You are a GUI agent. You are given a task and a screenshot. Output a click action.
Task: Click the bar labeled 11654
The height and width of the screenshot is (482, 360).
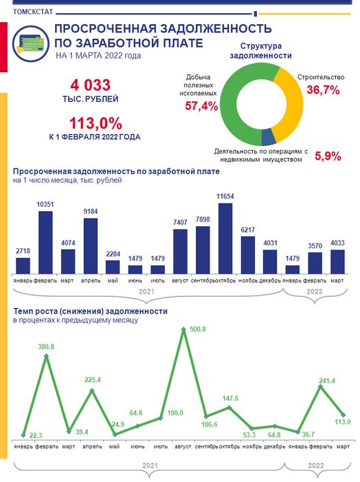[x=225, y=239]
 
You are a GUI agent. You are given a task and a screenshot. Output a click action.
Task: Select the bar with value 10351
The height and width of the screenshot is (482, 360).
[x=45, y=243]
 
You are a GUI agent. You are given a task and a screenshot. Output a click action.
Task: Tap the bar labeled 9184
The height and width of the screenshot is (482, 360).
[x=91, y=246]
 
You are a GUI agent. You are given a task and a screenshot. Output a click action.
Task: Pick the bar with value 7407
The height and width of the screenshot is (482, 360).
[x=180, y=252]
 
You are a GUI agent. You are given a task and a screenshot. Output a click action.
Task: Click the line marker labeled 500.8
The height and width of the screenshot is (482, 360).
[x=183, y=329]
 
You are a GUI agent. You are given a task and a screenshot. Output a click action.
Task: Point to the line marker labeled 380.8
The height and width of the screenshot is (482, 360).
[x=47, y=356]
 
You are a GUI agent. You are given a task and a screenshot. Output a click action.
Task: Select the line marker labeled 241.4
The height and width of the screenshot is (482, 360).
[x=320, y=387]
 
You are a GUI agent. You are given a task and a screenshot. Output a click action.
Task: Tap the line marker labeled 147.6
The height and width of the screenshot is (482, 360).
[x=229, y=408]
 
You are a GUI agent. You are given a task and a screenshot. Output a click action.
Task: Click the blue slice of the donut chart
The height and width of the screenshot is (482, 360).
[x=269, y=137]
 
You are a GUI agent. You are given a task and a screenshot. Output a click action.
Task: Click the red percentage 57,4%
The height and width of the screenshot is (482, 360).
[x=201, y=106]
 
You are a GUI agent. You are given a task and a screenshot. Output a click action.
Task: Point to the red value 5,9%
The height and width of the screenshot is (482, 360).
[x=328, y=156]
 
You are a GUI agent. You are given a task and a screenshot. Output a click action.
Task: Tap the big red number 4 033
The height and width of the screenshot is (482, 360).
[x=90, y=85]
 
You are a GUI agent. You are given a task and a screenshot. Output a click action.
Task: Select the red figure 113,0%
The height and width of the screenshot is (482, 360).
[x=95, y=123]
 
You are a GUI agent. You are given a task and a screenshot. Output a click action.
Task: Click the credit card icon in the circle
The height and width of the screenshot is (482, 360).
[x=31, y=44]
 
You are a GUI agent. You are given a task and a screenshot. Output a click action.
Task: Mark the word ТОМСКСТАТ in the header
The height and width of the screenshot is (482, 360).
[x=33, y=12]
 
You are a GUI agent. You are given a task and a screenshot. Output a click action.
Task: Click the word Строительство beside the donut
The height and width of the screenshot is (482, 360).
[x=321, y=77]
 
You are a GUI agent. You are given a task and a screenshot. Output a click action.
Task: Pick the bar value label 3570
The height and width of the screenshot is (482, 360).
[x=315, y=246]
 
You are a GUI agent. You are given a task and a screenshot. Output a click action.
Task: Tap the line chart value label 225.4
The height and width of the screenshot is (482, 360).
[x=93, y=380]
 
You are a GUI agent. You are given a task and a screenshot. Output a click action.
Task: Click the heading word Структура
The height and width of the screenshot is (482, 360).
[x=261, y=46]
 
